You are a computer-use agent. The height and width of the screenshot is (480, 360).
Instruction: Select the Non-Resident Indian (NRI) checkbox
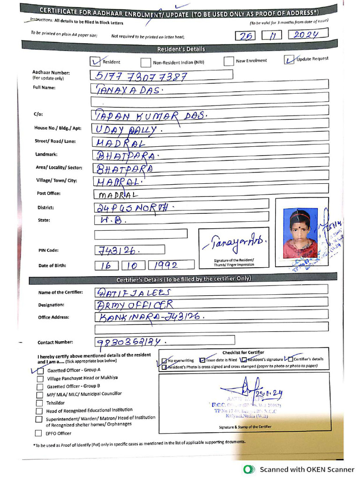point(146,62)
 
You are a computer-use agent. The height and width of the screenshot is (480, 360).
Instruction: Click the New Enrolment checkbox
point(228,61)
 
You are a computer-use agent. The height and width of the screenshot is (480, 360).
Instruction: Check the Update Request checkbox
point(289,60)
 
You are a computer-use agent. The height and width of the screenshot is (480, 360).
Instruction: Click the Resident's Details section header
point(181,49)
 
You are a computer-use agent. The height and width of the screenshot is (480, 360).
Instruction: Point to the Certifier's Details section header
point(184,279)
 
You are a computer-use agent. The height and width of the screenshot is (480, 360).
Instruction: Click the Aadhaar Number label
point(51,73)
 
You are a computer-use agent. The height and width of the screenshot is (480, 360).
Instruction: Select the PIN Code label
point(49,250)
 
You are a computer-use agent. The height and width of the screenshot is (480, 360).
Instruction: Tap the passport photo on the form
point(300,232)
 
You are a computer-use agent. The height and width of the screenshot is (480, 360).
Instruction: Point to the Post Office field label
point(49,194)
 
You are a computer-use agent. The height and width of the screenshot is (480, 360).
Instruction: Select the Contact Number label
point(56,342)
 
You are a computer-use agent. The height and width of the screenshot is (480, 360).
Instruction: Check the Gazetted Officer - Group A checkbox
point(40,370)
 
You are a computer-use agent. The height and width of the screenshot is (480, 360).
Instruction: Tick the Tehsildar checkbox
point(40,403)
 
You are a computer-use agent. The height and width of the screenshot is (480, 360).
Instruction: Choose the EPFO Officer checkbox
point(38,433)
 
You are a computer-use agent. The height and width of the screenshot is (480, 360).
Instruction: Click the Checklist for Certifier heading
point(243,352)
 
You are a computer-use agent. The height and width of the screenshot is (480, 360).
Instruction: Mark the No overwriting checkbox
point(164,360)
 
